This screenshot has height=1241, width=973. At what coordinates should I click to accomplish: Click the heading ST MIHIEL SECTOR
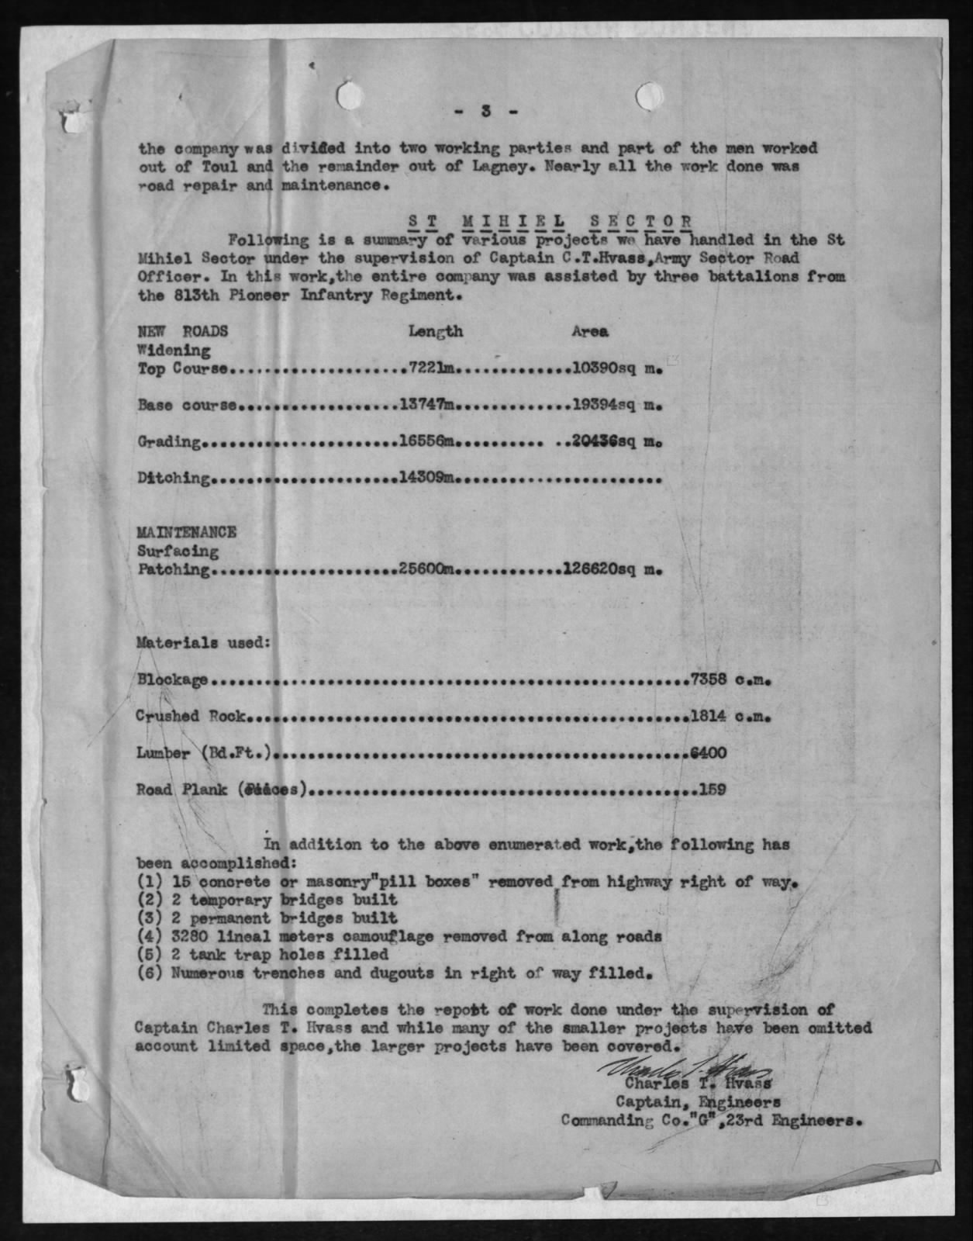point(550,221)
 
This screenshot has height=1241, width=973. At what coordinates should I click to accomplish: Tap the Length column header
point(436,331)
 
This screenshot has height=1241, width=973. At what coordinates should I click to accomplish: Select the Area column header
point(589,331)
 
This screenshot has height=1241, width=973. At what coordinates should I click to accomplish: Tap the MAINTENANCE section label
point(186,533)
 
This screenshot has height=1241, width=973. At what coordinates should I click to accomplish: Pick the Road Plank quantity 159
point(712,790)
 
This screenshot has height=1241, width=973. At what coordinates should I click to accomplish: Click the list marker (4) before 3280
point(149,936)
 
